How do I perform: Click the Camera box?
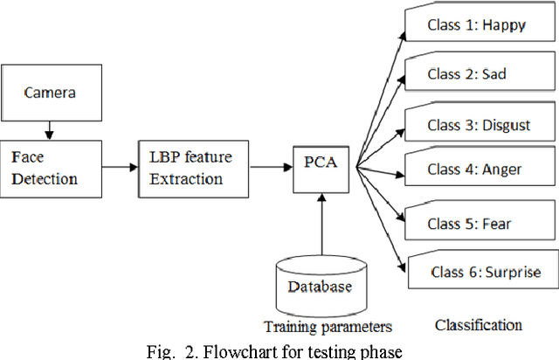[x=49, y=92]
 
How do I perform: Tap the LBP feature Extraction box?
[x=190, y=167]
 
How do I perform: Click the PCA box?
[x=314, y=163]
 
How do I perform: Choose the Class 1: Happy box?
[x=476, y=24]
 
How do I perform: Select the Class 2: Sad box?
[x=476, y=73]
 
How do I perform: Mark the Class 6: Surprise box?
[x=483, y=272]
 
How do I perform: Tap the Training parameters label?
[x=321, y=327]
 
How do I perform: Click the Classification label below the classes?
[x=478, y=325]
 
